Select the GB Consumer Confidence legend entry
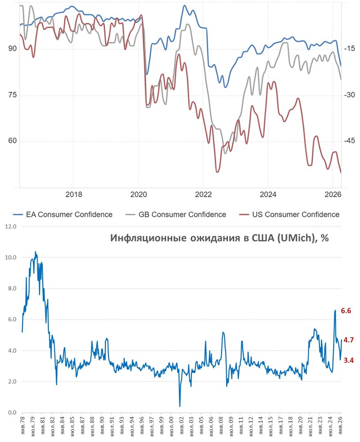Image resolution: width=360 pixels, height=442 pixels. [182, 214]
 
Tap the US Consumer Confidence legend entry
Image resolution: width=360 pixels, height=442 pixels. [296, 214]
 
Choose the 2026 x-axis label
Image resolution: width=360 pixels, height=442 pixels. [333, 195]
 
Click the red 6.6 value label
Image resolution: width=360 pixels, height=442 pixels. [346, 311]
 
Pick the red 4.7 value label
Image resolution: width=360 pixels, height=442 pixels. [349, 340]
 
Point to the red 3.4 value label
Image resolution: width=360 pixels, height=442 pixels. [349, 360]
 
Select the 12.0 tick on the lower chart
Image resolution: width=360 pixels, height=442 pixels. [10, 227]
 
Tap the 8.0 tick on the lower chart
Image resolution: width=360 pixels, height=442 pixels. [11, 289]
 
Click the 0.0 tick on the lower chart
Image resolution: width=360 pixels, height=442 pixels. [11, 413]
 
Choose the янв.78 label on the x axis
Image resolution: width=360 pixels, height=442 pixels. [23, 426]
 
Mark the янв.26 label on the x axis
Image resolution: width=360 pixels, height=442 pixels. [340, 426]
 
